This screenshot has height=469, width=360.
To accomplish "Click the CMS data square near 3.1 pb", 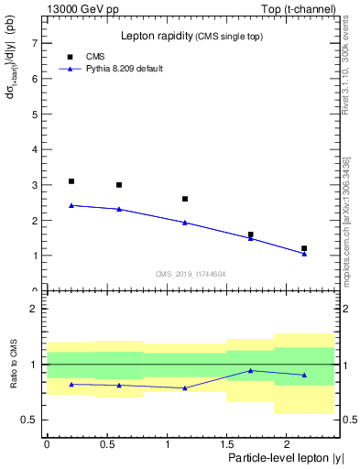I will point(71,181).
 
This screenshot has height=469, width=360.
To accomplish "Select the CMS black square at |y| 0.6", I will point(119,185).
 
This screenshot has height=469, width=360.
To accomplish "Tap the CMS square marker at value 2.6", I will point(185,199).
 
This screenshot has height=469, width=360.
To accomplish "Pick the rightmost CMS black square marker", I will point(304,248).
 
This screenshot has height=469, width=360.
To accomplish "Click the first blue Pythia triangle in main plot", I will point(71,205).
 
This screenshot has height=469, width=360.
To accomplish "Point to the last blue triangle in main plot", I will point(304,254).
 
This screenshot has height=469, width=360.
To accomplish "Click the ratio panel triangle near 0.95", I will point(251,370).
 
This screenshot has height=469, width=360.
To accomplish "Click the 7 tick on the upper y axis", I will point(35,43).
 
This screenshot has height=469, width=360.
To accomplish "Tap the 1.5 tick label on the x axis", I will point(226,443).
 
